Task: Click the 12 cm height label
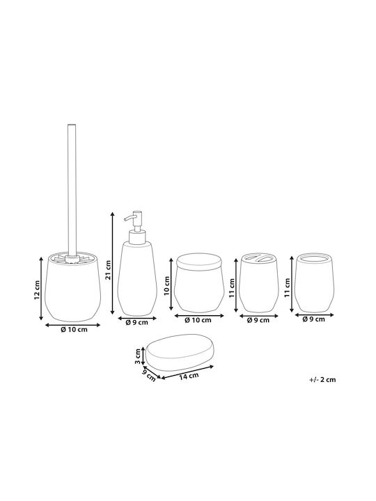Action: pos(38,290)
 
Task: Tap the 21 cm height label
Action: pos(108,270)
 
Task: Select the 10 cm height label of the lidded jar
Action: pos(166,286)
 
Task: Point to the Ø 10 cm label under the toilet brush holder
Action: pos(74,329)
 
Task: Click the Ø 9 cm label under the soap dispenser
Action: pos(137,322)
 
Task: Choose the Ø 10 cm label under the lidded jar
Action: pos(198,320)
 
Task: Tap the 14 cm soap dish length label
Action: pos(189,376)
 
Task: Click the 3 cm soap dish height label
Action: pos(138,356)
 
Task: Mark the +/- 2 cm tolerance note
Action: pos(322,380)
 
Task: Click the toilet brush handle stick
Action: pos(72,190)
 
